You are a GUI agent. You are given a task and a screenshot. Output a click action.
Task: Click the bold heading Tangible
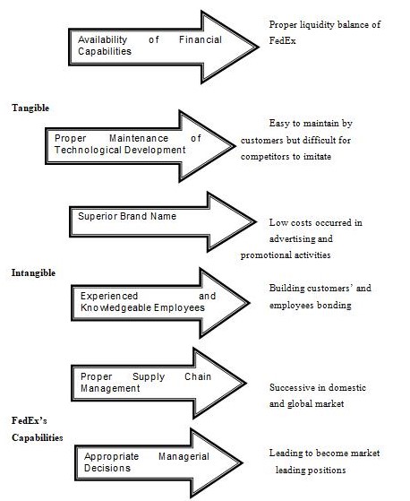(30, 108)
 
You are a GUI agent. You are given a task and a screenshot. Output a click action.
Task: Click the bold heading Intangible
(33, 272)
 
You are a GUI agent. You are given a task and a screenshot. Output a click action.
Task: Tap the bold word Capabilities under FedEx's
(38, 437)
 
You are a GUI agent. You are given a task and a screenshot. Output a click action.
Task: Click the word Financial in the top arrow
(201, 39)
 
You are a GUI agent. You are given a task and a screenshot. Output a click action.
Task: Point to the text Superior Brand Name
(127, 216)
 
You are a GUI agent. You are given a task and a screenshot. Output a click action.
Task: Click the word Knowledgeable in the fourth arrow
(115, 307)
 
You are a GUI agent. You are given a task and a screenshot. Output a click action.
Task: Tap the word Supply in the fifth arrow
(149, 377)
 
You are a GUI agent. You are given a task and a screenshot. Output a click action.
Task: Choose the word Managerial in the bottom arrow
(184, 456)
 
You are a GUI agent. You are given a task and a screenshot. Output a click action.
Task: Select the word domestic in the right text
(347, 387)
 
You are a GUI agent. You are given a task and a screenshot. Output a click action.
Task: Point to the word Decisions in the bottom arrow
(107, 468)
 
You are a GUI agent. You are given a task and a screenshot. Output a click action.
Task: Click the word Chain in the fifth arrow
(198, 376)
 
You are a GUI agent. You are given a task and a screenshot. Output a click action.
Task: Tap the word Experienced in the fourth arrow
(109, 296)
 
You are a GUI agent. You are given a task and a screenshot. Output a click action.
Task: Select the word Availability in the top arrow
(102, 40)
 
